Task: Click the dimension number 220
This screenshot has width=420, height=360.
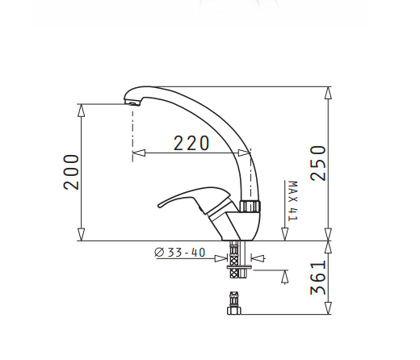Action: click(x=191, y=143)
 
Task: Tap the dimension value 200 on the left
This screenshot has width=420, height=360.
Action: click(x=73, y=171)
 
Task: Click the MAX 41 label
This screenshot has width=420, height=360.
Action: click(x=292, y=201)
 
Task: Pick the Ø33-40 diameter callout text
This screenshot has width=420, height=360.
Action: click(x=179, y=253)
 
